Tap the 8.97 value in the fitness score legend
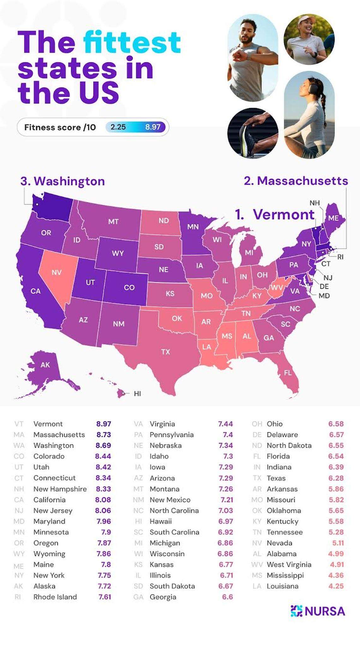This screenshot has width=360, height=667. (x=153, y=127)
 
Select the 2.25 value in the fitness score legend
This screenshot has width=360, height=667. (x=118, y=127)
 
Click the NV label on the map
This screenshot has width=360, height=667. (x=57, y=272)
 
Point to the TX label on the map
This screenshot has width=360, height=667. (x=165, y=352)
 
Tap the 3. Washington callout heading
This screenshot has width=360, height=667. (x=63, y=181)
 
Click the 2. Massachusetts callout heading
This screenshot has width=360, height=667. (x=296, y=181)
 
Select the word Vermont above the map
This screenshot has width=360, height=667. (x=284, y=215)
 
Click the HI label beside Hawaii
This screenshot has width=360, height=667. (x=137, y=394)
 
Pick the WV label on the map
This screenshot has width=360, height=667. (x=277, y=288)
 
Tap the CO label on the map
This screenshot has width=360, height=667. (x=129, y=288)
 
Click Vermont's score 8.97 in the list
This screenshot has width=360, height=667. (x=104, y=424)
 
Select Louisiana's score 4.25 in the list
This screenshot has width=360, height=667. (x=336, y=586)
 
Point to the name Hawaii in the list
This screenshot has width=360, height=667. (x=160, y=521)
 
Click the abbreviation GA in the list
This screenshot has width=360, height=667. (x=138, y=597)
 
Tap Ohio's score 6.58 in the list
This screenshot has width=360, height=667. (x=336, y=424)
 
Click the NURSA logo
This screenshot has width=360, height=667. (x=318, y=611)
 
